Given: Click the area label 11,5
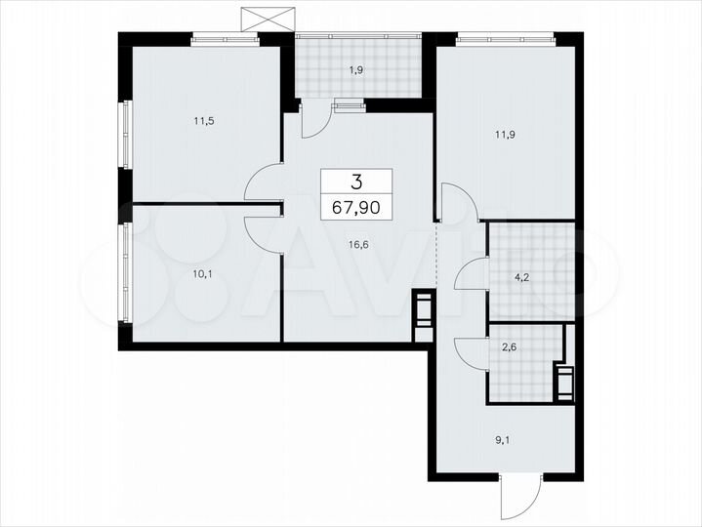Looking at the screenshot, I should click(x=204, y=122).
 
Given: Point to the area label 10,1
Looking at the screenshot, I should click(x=203, y=273).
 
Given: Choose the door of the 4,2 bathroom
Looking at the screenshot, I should click(x=471, y=275).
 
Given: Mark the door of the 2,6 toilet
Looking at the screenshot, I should click(x=471, y=352).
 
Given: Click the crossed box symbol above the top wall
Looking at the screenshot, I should click(x=267, y=17).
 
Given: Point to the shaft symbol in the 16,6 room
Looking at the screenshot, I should click(x=422, y=314).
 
